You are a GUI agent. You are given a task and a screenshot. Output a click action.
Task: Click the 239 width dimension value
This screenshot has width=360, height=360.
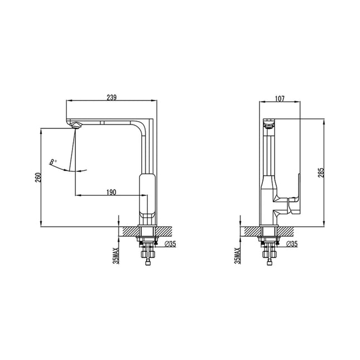click(x=112, y=98)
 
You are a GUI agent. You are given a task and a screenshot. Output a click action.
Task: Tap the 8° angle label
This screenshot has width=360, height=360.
click(x=52, y=162)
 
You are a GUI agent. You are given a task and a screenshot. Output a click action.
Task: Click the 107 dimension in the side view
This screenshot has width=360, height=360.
click(x=280, y=99)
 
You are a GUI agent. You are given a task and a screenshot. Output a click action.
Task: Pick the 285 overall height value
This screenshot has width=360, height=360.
click(x=321, y=172)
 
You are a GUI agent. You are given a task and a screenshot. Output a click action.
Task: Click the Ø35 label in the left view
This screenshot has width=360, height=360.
click(x=170, y=244)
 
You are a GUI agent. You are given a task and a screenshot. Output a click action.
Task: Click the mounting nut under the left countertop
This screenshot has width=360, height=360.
click(x=148, y=242)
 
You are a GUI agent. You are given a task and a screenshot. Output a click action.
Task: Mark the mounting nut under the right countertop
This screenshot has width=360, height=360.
click(x=269, y=242)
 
